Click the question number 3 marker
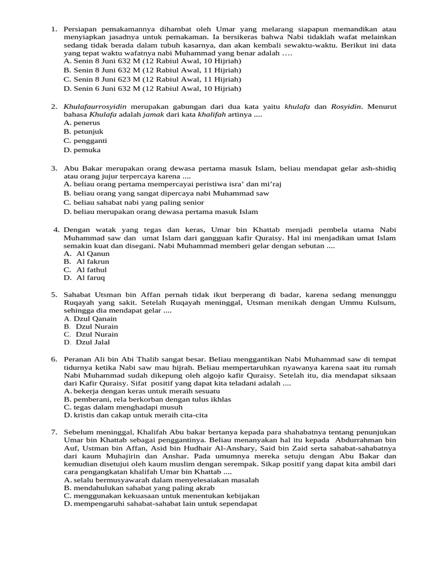coord(54,169)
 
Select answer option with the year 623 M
coord(153,79)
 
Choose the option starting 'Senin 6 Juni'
coord(153,89)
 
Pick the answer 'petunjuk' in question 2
coord(83,132)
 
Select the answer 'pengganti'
coord(86,141)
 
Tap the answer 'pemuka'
coord(83,150)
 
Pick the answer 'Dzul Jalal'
coord(93,342)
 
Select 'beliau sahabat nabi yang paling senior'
coord(134,203)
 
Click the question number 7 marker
coord(54,432)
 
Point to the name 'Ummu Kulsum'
coord(372,303)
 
